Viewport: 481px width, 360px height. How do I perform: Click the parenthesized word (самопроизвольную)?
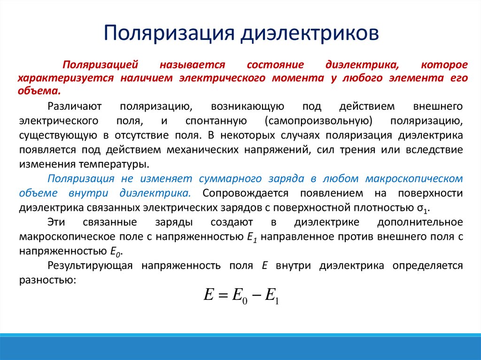318,121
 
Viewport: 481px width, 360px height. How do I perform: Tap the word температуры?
117,164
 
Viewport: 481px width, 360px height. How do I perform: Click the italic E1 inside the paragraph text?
251,237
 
